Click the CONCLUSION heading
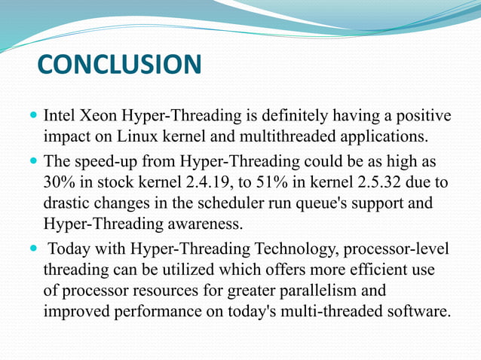pyautogui.click(x=119, y=64)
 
